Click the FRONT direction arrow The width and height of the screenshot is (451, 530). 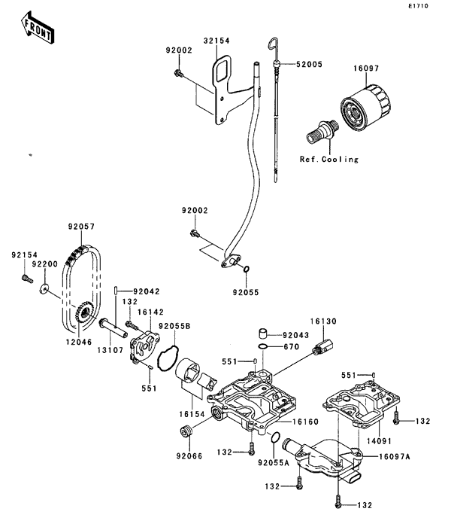37,28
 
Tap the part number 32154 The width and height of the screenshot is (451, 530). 216,41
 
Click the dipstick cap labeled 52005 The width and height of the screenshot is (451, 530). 276,64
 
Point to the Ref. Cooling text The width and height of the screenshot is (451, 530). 328,159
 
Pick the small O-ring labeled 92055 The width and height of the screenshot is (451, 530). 246,269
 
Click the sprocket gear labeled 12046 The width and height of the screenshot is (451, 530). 83,312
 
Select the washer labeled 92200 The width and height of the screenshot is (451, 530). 44,288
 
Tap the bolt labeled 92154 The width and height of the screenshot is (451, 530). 27,279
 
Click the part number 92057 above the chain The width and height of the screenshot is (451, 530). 81,226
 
